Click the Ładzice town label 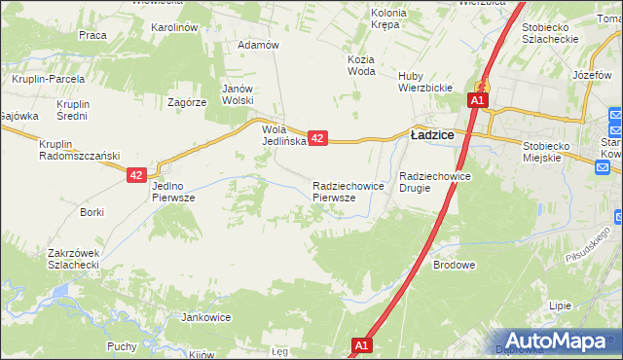[432, 135]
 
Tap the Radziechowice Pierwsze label [341, 191]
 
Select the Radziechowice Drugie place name [435, 183]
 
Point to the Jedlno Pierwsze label [176, 191]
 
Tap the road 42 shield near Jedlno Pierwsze [136, 175]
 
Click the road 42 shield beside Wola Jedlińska [318, 139]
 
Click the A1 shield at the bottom [361, 345]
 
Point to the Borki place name [92, 212]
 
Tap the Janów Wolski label [238, 93]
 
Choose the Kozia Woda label [360, 64]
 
